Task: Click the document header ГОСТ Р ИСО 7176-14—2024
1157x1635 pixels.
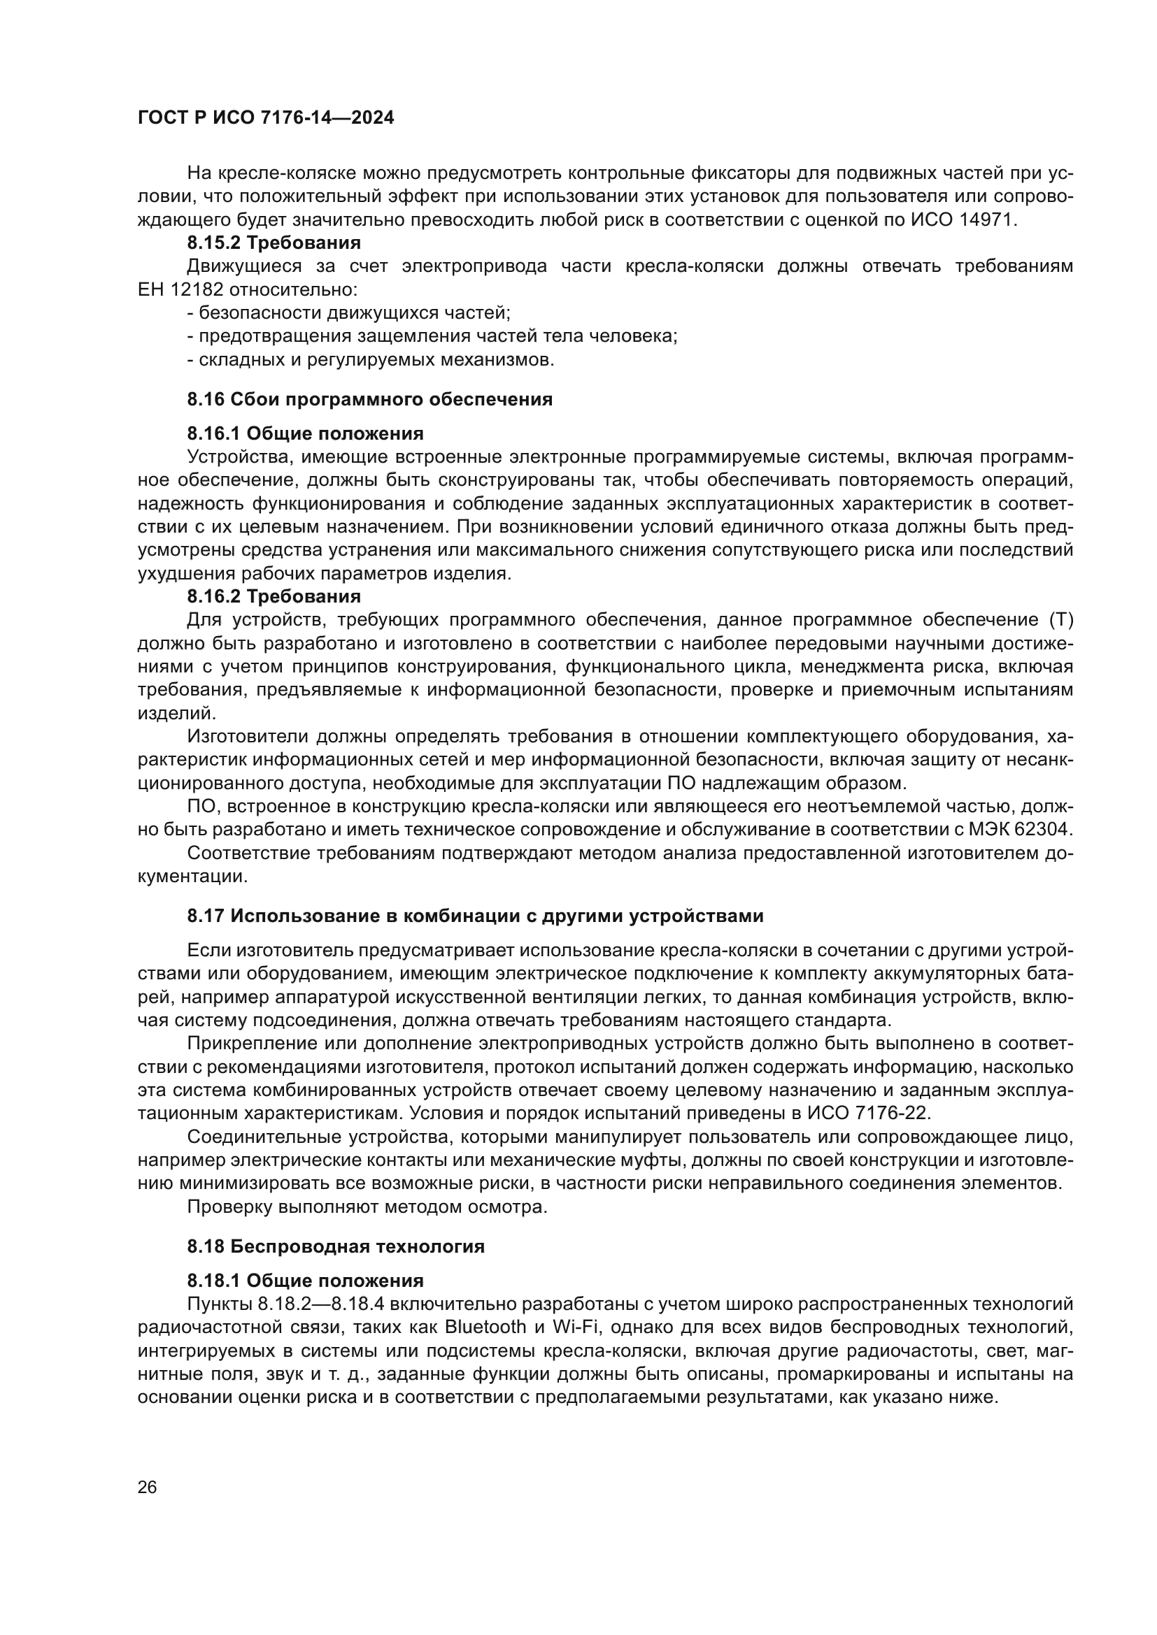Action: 266,118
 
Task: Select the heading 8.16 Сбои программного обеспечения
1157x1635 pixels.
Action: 370,400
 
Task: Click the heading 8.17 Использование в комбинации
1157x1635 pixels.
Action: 475,916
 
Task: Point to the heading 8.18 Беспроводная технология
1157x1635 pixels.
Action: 336,1246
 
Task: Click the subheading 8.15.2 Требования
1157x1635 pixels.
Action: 274,243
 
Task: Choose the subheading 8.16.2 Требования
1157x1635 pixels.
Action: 274,596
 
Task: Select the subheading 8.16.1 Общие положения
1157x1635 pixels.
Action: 305,433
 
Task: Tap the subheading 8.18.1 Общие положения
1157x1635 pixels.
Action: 305,1281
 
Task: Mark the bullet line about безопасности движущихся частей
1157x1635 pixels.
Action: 349,312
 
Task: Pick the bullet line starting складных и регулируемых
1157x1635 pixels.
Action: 371,359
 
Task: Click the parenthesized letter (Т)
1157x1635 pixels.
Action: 1061,620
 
